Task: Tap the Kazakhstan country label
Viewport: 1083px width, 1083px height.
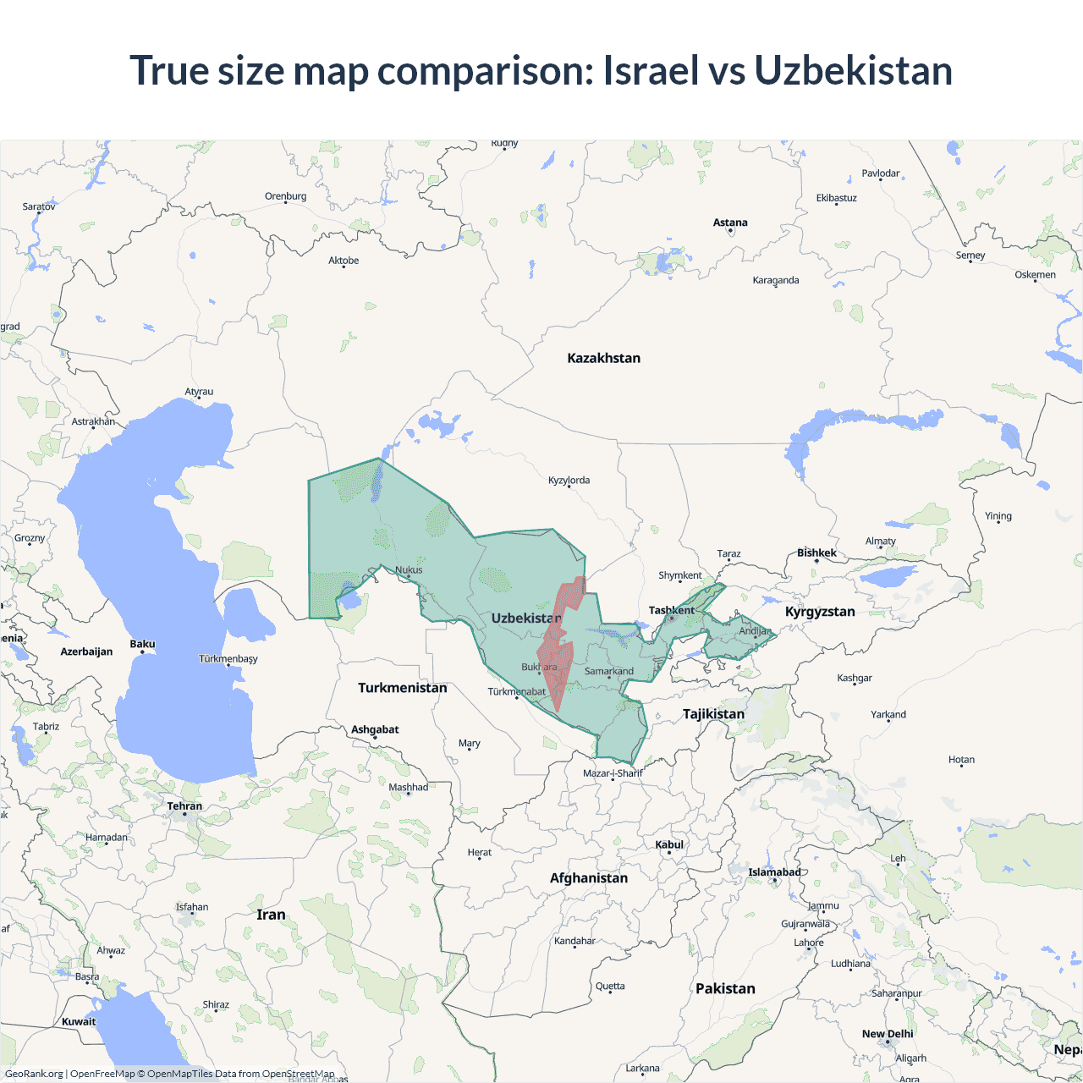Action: tap(603, 358)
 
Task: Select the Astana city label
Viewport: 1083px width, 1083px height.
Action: tap(730, 223)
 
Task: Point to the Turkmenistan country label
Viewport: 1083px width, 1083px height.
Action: tap(402, 688)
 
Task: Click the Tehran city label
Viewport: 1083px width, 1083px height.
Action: tap(184, 806)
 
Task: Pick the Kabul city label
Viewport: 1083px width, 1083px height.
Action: tap(669, 844)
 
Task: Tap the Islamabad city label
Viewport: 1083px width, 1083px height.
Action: tap(774, 872)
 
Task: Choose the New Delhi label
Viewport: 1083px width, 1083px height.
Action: tap(888, 1034)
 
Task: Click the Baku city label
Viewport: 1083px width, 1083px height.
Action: tap(142, 644)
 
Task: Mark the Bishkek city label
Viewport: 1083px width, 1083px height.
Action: tap(816, 553)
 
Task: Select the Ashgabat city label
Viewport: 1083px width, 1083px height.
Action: tap(375, 729)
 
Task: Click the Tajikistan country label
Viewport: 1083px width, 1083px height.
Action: tap(713, 714)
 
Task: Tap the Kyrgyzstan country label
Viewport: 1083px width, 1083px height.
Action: tap(820, 612)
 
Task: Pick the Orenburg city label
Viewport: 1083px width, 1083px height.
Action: tap(285, 196)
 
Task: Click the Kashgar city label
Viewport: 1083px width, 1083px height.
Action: tap(855, 678)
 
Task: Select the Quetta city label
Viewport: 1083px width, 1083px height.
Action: tap(610, 986)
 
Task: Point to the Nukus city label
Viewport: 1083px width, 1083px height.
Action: tap(409, 569)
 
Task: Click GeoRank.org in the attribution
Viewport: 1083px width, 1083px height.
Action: tap(34, 1074)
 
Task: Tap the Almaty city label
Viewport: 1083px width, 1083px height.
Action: tap(880, 541)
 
